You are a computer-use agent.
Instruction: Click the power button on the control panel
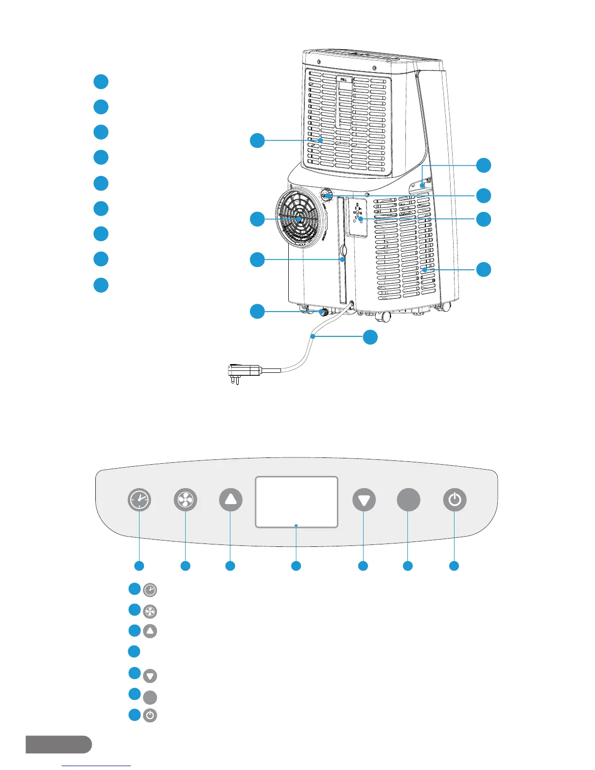coord(455,500)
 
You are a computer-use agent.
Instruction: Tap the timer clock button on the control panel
coord(140,500)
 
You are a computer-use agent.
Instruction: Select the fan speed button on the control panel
coord(185,500)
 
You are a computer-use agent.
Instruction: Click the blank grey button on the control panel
coord(408,500)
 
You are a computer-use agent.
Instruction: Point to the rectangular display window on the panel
coord(297,502)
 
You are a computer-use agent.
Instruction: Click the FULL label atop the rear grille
coord(345,79)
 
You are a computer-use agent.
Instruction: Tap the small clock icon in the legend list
coord(150,590)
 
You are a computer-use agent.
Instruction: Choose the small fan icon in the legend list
coord(150,611)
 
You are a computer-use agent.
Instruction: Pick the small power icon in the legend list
coord(150,716)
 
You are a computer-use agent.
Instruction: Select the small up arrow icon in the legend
coord(150,631)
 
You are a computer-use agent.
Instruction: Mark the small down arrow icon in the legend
coord(150,676)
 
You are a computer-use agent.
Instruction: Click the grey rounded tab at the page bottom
coord(58,744)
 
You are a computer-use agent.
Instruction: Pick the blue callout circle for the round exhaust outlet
coord(257,219)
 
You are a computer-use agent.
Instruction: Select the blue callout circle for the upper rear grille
coord(257,140)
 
